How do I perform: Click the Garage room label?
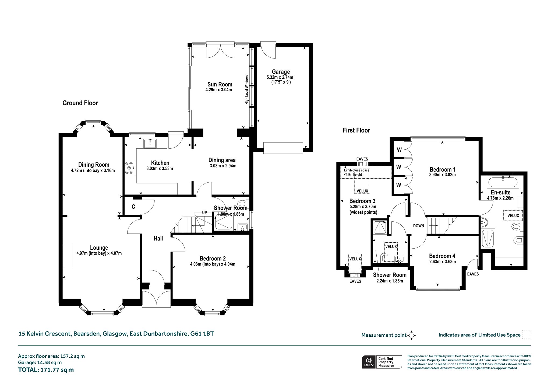click(281, 72)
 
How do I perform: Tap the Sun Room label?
click(220, 84)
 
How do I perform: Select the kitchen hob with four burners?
click(129, 168)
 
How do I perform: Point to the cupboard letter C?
click(133, 207)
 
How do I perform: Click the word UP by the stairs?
click(204, 213)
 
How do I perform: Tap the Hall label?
click(158, 238)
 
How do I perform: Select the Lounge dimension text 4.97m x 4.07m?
click(99, 253)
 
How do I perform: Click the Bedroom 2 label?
click(213, 259)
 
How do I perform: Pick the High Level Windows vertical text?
click(247, 90)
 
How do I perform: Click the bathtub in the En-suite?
click(502, 182)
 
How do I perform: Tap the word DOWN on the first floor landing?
click(418, 226)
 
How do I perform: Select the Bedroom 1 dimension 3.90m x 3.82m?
click(443, 175)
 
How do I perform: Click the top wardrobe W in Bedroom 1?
click(399, 150)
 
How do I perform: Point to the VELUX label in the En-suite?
click(513, 215)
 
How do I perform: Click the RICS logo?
click(369, 362)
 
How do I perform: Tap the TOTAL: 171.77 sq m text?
click(46, 370)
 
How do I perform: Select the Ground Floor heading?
click(80, 103)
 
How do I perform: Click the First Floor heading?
click(356, 130)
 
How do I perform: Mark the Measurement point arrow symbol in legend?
click(412, 335)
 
